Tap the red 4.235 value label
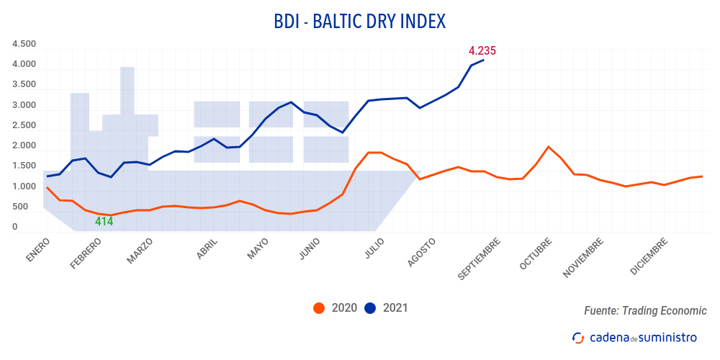point(482,50)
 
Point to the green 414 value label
point(104,222)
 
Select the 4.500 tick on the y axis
point(24,44)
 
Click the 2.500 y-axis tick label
point(24,125)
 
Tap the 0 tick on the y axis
point(14,227)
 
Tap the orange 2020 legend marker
point(319,308)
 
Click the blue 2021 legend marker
point(370,308)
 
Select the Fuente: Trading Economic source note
point(645,311)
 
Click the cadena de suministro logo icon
point(577,337)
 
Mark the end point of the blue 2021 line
point(483,60)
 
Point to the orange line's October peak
point(549,147)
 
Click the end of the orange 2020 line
point(702,176)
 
